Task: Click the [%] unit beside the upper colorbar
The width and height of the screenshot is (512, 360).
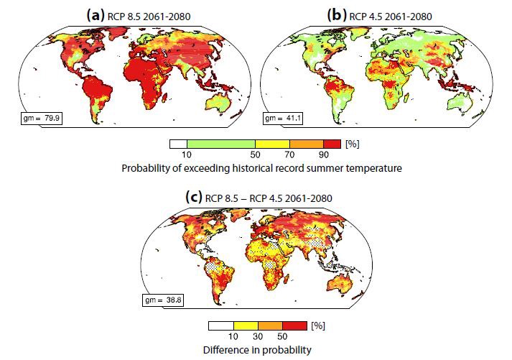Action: coord(352,144)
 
